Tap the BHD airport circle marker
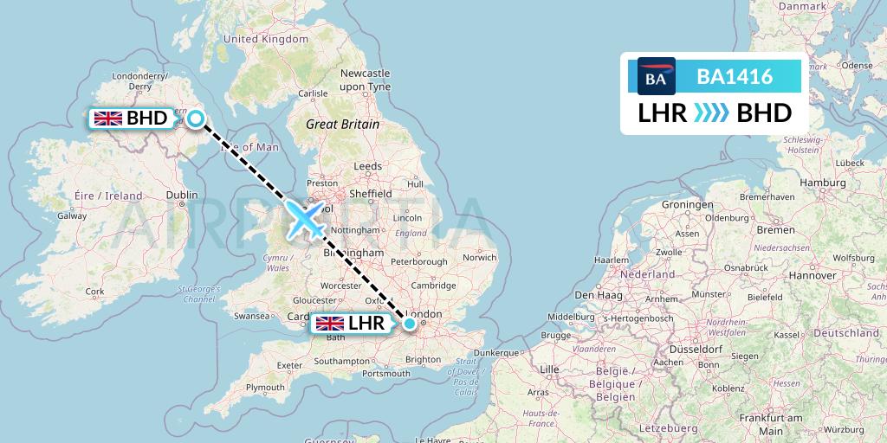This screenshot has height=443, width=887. click(x=197, y=119)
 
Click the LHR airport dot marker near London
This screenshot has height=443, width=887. click(x=410, y=324)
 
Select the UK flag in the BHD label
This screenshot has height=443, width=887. click(x=108, y=119)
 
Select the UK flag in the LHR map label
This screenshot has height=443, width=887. click(x=329, y=324)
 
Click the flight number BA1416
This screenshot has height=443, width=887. click(x=735, y=76)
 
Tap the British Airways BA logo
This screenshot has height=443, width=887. click(x=656, y=77)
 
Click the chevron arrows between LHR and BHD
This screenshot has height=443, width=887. click(x=711, y=113)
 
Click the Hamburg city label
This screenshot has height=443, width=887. click(x=823, y=183)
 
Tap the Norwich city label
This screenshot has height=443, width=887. click(x=479, y=257)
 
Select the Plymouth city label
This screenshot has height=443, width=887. click(x=264, y=387)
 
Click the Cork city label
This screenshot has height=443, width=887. click(x=94, y=292)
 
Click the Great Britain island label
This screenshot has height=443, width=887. click(x=342, y=124)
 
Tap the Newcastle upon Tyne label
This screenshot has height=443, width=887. click(x=365, y=80)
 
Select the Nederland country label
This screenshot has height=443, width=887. click(x=646, y=273)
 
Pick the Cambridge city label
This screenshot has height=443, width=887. click(x=434, y=286)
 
